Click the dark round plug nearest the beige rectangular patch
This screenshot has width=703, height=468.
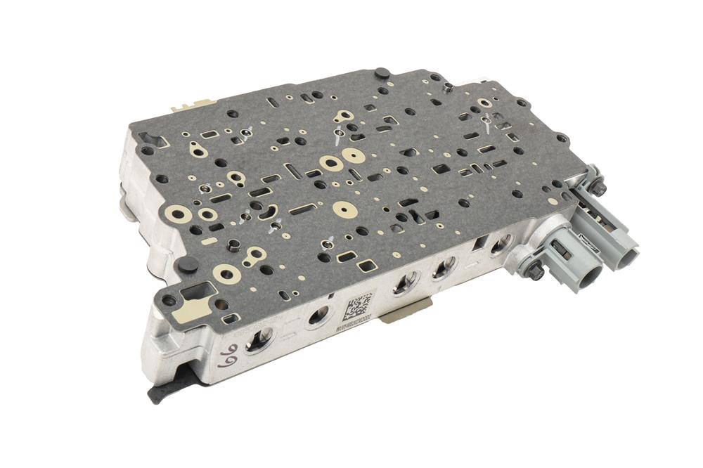187,265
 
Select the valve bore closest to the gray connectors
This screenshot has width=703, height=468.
501,245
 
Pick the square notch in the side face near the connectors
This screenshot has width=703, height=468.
481,244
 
